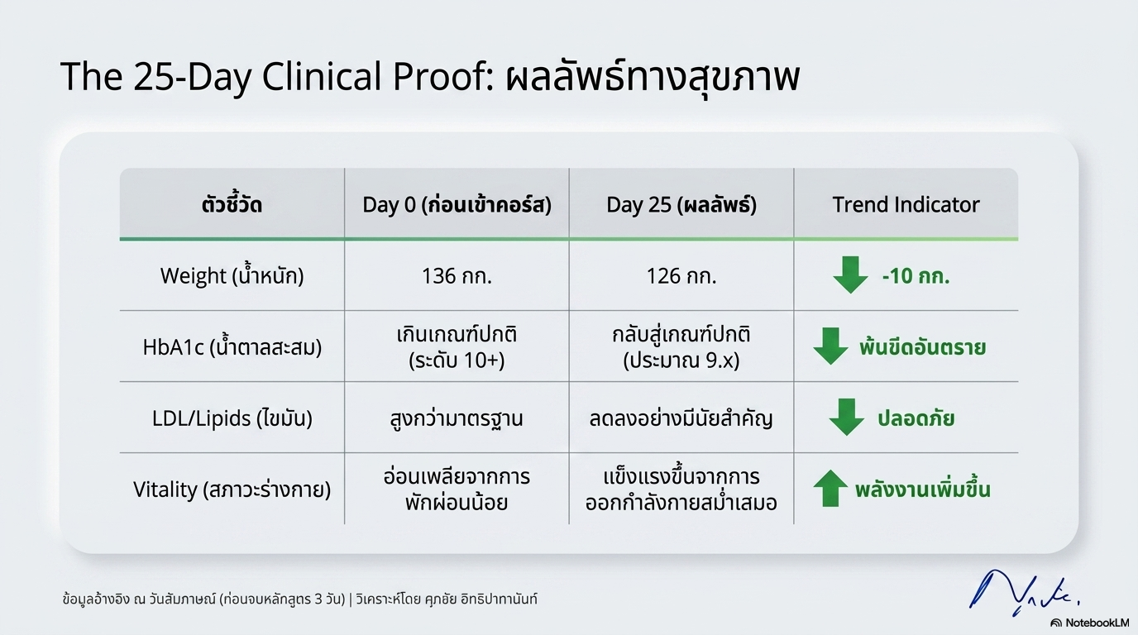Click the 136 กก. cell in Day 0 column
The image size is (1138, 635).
457,275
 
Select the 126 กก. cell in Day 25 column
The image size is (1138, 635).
681,275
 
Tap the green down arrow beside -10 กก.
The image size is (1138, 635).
849,275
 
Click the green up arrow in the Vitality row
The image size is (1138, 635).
830,489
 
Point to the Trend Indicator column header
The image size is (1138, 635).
906,205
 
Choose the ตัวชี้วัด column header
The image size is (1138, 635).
232,205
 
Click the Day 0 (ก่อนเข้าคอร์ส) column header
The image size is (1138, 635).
457,205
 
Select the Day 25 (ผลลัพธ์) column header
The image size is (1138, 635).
681,205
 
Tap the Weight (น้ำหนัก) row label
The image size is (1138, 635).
232,275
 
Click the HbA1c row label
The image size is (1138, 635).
232,346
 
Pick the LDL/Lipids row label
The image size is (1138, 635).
232,418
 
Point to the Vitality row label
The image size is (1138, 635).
232,489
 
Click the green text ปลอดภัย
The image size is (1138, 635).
916,418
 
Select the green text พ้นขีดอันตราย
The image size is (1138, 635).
922,347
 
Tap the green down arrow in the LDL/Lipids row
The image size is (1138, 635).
846,418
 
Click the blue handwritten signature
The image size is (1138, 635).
1022,590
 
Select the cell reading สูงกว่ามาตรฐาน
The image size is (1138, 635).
457,418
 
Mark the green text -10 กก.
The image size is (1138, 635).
916,276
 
